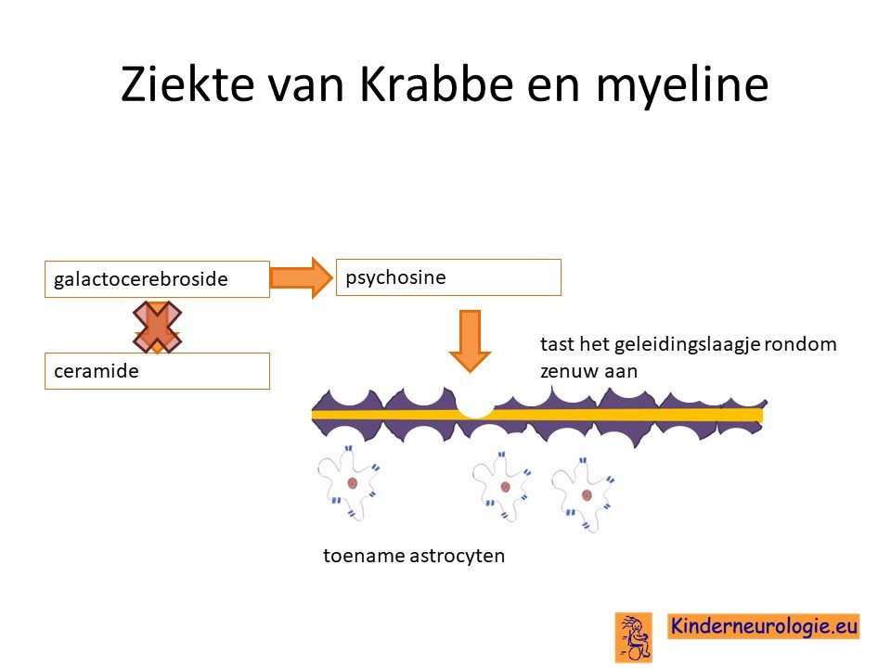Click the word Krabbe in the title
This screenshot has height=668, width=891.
pyautogui.click(x=437, y=83)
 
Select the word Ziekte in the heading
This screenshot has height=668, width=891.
pyautogui.click(x=187, y=83)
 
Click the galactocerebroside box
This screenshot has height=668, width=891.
pyautogui.click(x=157, y=279)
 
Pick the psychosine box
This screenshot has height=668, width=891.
pyautogui.click(x=448, y=277)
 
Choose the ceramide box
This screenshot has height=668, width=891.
pyautogui.click(x=157, y=371)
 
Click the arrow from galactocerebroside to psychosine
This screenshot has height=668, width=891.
pyautogui.click(x=301, y=277)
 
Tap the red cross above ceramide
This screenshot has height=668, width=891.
pyautogui.click(x=158, y=328)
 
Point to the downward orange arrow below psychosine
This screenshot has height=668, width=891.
pyautogui.click(x=470, y=340)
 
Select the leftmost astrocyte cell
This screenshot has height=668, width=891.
pyautogui.click(x=349, y=482)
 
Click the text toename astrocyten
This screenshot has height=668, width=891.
pyautogui.click(x=414, y=556)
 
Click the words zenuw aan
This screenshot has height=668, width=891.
pyautogui.click(x=588, y=371)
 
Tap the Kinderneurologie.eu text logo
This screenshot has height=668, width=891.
pyautogui.click(x=763, y=626)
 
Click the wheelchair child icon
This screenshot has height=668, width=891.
pyautogui.click(x=633, y=637)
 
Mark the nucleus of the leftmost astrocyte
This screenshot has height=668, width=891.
pyautogui.click(x=352, y=483)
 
